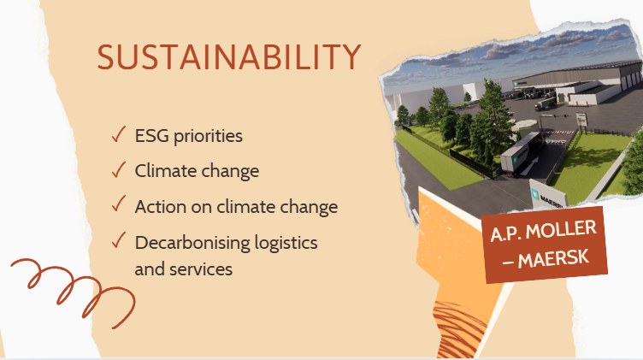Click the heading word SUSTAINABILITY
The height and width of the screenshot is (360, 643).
click(229, 57)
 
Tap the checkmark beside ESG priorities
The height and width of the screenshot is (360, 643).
click(119, 134)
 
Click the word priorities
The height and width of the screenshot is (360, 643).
click(208, 137)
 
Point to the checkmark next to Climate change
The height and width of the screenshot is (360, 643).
click(119, 169)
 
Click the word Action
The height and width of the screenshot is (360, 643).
click(161, 207)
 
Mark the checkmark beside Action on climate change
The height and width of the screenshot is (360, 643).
click(119, 204)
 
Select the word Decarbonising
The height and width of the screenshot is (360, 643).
click(192, 243)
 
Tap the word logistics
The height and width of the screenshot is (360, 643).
click(286, 244)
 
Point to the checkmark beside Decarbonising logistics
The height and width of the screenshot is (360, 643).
click(119, 240)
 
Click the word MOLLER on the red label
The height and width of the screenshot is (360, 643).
click(561, 230)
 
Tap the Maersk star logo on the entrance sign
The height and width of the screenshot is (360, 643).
click(535, 194)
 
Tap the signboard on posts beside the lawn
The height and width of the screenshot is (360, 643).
click(581, 120)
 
